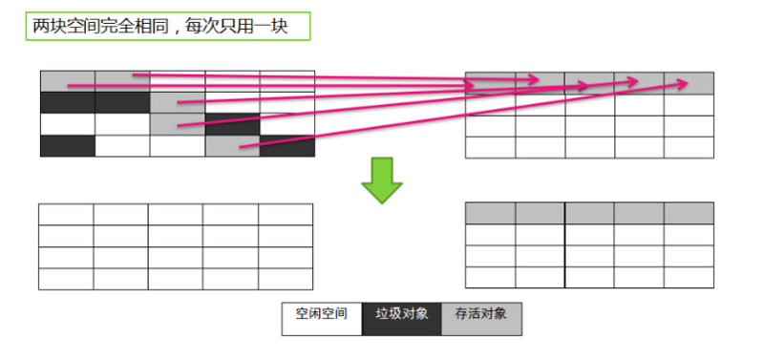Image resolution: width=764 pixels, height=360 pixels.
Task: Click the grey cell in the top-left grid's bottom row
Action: click(x=232, y=145)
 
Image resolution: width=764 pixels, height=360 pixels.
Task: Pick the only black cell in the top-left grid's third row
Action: click(x=232, y=124)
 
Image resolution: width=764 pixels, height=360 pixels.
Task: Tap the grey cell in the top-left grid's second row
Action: click(x=177, y=102)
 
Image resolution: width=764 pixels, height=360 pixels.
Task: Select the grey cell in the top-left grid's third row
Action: click(x=177, y=124)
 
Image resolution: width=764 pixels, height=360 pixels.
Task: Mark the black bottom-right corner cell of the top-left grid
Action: click(x=286, y=145)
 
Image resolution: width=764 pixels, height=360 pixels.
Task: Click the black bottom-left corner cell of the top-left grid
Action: click(x=67, y=145)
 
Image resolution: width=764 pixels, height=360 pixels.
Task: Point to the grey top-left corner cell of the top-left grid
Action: click(x=67, y=80)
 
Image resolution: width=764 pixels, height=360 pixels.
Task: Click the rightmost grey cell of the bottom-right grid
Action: click(x=689, y=212)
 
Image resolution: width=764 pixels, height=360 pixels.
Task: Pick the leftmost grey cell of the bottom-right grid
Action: click(x=490, y=212)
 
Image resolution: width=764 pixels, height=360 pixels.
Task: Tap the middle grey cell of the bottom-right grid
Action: click(x=589, y=212)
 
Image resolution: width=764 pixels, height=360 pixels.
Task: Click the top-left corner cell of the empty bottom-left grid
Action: click(x=66, y=214)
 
